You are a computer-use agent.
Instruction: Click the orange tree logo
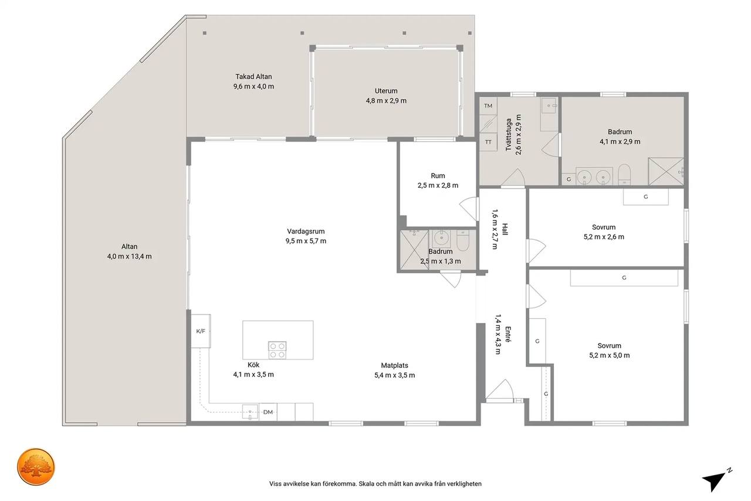(36, 466)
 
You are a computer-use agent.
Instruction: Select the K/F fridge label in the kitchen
(201, 331)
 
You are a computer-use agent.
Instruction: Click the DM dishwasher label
(268, 412)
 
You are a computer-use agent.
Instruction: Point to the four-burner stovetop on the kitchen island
(278, 350)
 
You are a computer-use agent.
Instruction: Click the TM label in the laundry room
(488, 106)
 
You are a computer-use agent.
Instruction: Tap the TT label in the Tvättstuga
(488, 142)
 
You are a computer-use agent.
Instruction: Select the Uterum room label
(386, 90)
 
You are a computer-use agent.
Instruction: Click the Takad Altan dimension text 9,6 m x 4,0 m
(254, 86)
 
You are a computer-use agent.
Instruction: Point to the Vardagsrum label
(306, 231)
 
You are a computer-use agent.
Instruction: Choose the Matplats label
(395, 365)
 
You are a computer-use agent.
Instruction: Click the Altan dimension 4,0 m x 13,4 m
(130, 256)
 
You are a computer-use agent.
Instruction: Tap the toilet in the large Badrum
(624, 174)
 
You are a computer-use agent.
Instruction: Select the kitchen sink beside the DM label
(250, 412)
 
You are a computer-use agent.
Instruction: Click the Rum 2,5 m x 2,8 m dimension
(438, 185)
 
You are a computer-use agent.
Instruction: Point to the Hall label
(505, 230)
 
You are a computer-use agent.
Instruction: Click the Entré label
(508, 334)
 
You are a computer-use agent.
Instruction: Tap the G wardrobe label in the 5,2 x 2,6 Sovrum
(646, 197)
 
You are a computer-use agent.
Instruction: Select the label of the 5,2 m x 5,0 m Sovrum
(609, 345)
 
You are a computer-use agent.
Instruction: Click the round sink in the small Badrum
(440, 238)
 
